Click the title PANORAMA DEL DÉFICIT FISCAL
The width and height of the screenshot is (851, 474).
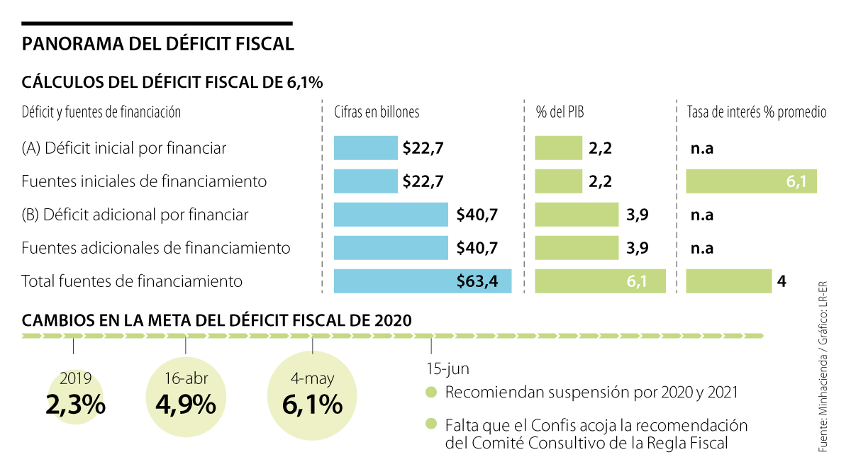[x=158, y=44]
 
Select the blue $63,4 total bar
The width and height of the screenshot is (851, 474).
[x=423, y=281]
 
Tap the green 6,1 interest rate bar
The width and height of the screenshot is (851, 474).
[x=751, y=181]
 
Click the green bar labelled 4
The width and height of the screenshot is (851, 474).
[x=728, y=281]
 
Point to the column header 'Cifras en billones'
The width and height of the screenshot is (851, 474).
[x=377, y=112]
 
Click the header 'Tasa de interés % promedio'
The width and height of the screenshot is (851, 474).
[x=757, y=112]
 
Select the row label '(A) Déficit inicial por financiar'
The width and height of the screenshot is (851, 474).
[x=124, y=148]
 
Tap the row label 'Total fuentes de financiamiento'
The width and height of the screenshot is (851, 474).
[x=132, y=281]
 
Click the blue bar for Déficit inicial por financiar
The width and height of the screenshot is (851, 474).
[x=365, y=148]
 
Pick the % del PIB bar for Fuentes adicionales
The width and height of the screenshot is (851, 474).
[x=577, y=248]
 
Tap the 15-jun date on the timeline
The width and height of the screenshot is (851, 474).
[x=447, y=369]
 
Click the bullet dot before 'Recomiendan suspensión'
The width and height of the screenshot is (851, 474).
[x=430, y=393]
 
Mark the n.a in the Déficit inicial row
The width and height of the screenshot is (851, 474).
[x=701, y=149]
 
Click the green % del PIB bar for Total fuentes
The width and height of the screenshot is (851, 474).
[x=600, y=281]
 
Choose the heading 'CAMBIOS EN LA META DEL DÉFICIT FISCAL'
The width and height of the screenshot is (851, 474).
[x=216, y=320]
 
